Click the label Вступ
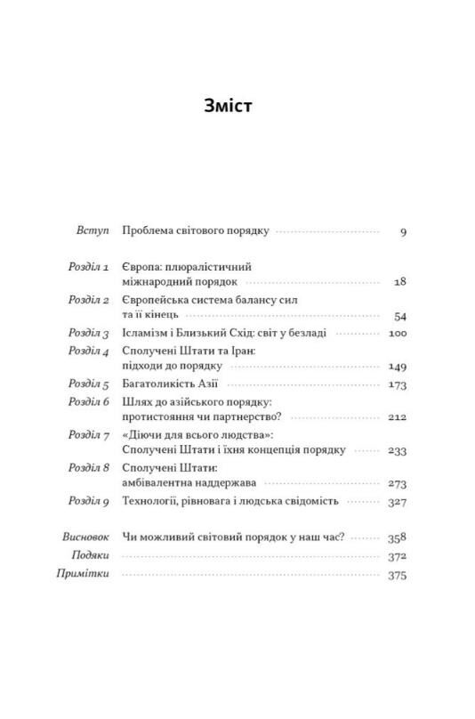[92, 231]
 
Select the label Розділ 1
[88, 267]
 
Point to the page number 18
[399, 282]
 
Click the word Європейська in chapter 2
[155, 301]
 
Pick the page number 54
[399, 316]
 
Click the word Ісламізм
[145, 334]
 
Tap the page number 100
[397, 334]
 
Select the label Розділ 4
[88, 351]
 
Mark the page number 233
[397, 451]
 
